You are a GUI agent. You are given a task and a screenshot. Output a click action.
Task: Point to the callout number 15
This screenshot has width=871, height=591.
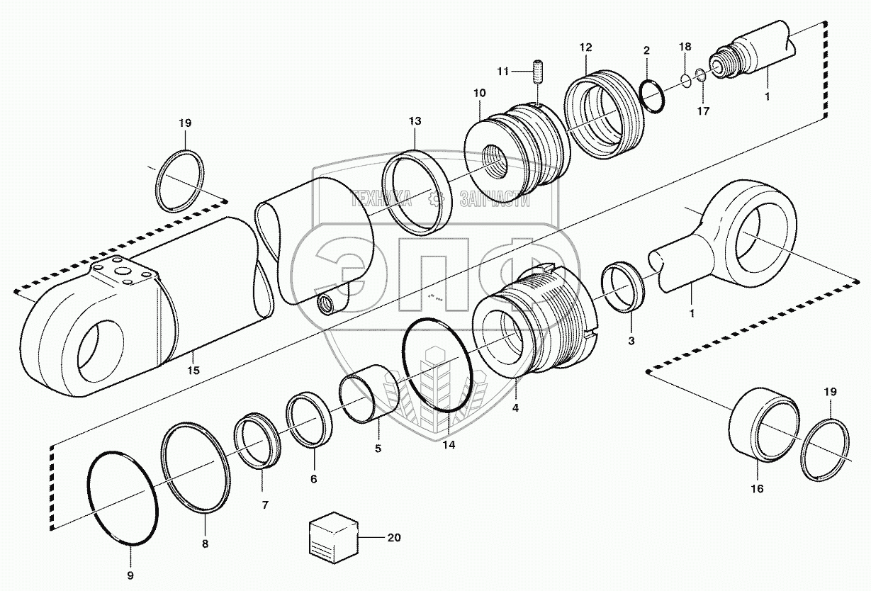click(193, 371)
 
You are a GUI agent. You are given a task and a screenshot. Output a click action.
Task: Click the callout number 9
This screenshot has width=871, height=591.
click(130, 575)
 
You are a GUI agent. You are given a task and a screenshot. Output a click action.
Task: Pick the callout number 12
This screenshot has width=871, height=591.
click(585, 47)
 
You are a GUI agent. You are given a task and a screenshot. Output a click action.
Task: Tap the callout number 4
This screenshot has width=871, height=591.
click(515, 408)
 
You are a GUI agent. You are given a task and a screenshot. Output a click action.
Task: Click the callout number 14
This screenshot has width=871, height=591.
click(449, 445)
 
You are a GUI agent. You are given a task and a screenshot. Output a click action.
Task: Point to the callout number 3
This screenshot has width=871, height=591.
click(631, 341)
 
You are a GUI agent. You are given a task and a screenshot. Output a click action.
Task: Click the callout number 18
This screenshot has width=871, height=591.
click(685, 46)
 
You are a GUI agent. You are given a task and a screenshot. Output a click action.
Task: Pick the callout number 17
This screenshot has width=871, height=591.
click(704, 111)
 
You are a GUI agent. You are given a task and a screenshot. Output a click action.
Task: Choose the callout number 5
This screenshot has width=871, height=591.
click(378, 449)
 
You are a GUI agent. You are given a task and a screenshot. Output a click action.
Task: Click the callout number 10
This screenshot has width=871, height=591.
click(480, 93)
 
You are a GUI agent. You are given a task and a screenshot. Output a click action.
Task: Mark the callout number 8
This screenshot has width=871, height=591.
click(205, 544)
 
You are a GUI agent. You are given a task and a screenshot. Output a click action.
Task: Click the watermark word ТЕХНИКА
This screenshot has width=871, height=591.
click(383, 200)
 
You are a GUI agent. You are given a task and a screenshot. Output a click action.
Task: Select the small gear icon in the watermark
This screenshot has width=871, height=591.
click(437, 199)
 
